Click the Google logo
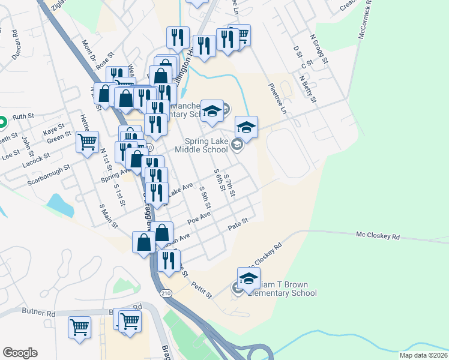[20, 353]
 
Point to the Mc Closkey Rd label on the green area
[378, 236]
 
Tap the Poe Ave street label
[199, 217]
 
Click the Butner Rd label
[38, 313]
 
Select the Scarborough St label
[53, 171]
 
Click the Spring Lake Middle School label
[209, 146]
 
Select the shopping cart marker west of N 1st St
[88, 143]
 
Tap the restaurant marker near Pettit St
[169, 260]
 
